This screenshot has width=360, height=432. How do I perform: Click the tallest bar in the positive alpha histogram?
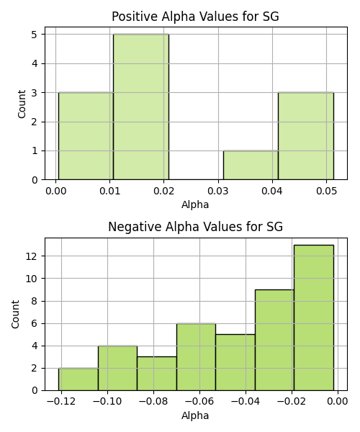(141, 107)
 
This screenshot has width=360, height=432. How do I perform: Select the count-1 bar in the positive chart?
(251, 165)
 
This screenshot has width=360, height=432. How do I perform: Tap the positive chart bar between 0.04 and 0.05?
(306, 136)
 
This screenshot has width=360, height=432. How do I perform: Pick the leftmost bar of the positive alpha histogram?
(86, 136)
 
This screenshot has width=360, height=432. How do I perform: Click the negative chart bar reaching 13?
(314, 318)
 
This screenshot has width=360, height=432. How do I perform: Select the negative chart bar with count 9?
(274, 340)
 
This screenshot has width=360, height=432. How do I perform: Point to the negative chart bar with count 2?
(78, 379)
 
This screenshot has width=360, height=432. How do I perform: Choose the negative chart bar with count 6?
(196, 357)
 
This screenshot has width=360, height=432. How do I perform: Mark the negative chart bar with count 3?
(157, 374)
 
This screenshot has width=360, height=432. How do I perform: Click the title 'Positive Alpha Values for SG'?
(195, 17)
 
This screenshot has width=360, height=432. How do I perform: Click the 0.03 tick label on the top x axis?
(218, 191)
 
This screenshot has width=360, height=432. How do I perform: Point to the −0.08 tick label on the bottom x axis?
(153, 402)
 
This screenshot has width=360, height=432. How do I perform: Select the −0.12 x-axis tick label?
(61, 402)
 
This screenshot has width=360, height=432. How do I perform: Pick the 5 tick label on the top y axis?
(35, 35)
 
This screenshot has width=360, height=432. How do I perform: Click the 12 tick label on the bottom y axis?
(32, 256)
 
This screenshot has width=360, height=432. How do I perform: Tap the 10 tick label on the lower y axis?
(32, 279)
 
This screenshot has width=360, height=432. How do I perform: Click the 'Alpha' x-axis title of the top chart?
(195, 204)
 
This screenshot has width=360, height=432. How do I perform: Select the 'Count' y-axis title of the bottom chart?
(15, 314)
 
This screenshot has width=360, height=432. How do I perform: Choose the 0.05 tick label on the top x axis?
(326, 191)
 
